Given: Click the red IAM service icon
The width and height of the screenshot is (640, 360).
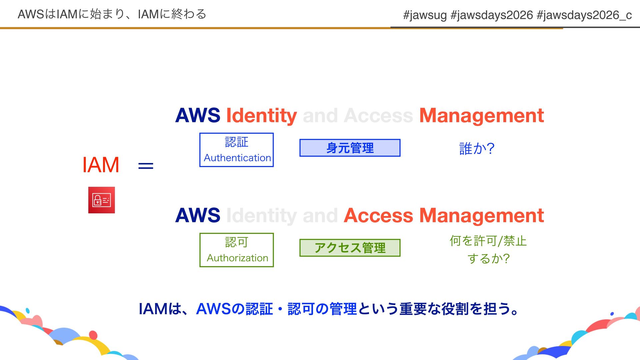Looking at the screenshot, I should [101, 200].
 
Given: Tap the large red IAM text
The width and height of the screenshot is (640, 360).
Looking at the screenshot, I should [101, 165].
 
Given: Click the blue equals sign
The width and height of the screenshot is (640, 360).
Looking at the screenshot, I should [146, 166].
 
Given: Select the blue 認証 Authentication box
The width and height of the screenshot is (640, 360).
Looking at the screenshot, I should [236, 150].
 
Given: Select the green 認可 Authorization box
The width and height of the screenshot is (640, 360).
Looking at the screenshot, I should [236, 250].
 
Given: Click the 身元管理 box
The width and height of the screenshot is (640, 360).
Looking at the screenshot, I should [350, 148].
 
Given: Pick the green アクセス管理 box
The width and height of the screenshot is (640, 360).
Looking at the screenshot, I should [350, 248].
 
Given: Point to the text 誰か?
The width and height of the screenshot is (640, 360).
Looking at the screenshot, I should [477, 149].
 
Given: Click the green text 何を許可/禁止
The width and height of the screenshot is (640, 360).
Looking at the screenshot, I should [488, 241].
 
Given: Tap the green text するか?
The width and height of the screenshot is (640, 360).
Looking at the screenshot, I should [489, 259].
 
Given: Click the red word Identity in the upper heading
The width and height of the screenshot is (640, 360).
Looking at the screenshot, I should [261, 116].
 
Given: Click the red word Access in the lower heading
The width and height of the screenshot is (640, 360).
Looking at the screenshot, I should [378, 216].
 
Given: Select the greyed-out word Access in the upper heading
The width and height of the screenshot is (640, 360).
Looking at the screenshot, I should [378, 116].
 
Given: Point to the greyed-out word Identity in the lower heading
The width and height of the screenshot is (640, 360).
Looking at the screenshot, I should [261, 216].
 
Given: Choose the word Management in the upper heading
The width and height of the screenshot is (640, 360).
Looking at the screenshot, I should [481, 116].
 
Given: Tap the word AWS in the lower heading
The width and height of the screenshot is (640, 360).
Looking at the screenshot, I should [198, 216].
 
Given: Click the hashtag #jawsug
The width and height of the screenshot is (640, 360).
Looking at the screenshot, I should [425, 15].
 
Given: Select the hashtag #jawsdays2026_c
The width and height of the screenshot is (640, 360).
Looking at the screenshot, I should [584, 15].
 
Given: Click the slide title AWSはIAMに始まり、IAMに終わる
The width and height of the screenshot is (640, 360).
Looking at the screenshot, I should [112, 14].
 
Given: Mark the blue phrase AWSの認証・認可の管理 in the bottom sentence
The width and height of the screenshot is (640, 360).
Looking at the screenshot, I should [276, 309].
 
